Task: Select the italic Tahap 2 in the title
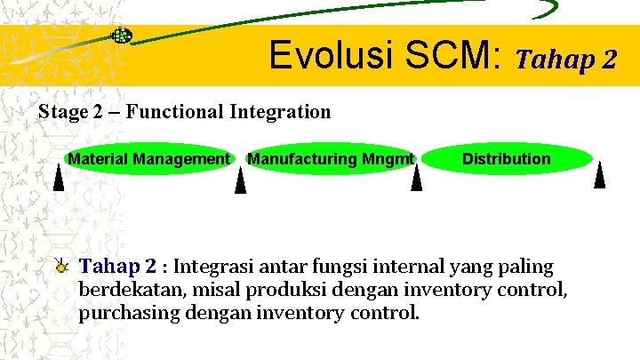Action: click(565, 60)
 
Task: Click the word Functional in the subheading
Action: click(174, 112)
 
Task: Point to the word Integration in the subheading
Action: click(280, 112)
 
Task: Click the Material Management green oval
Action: click(148, 159)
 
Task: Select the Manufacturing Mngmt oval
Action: click(331, 159)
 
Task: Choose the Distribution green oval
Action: click(506, 159)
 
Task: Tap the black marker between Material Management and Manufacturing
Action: click(240, 180)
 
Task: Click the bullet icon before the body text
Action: click(60, 264)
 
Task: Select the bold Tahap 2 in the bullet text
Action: click(117, 266)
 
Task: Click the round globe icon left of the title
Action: click(122, 36)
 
